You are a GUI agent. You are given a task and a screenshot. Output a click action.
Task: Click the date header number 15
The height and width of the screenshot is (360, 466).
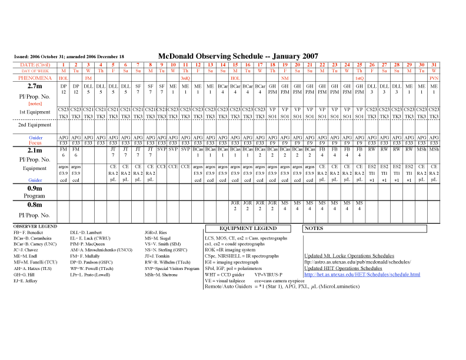pyautogui.click(x=235, y=64)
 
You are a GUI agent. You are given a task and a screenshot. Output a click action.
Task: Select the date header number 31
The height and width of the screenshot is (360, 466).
pyautogui.click(x=434, y=64)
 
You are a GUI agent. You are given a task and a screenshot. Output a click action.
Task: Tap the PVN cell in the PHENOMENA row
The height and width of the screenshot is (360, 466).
pyautogui.click(x=434, y=78)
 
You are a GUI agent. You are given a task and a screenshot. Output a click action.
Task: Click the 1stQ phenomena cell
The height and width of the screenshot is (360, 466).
pyautogui.click(x=359, y=78)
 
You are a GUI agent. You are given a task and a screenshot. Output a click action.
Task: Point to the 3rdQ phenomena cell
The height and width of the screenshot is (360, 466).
pyautogui.click(x=185, y=78)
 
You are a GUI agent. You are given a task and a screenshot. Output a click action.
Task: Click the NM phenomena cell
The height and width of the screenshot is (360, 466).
pyautogui.click(x=285, y=78)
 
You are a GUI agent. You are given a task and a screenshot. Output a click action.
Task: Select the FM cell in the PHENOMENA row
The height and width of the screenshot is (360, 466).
pyautogui.click(x=88, y=78)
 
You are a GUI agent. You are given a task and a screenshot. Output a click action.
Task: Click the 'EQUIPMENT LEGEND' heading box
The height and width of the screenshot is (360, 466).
pyautogui.click(x=248, y=228)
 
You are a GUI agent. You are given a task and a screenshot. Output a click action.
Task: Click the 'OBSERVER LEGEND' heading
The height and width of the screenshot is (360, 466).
pyautogui.click(x=35, y=226)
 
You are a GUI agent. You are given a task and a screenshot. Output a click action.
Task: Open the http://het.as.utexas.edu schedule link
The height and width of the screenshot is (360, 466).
pyautogui.click(x=362, y=274)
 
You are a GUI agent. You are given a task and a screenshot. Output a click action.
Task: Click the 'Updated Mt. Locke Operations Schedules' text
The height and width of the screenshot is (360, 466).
pyautogui.click(x=349, y=256)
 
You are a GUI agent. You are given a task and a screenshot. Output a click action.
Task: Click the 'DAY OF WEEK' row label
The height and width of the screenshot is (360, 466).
pyautogui.click(x=27, y=71)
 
